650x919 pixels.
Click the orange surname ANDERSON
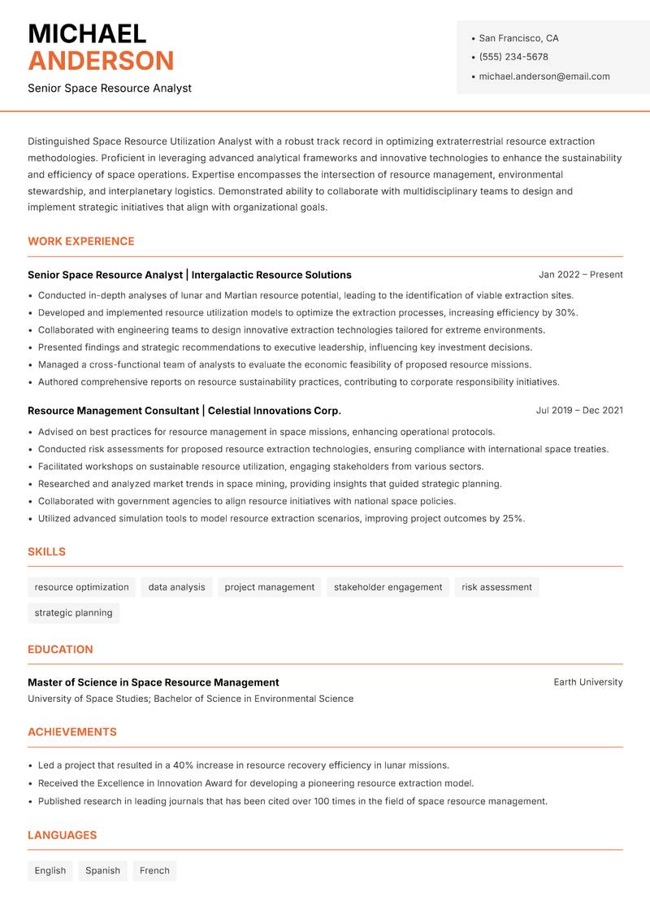[101, 61]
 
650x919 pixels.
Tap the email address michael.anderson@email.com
[544, 76]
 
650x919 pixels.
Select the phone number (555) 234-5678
[513, 57]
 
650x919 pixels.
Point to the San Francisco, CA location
[518, 38]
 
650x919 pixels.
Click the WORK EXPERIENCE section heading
[81, 242]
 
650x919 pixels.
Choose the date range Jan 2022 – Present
[580, 275]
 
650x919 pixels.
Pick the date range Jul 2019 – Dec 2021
[579, 411]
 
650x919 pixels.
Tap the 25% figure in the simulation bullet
[513, 519]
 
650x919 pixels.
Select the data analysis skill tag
[176, 587]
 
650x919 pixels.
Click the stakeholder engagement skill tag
[388, 587]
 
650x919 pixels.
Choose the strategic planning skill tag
[73, 613]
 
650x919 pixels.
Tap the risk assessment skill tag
[496, 587]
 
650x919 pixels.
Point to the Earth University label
[588, 682]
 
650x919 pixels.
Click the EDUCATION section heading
[60, 650]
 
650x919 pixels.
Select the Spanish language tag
[102, 871]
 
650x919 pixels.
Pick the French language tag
[154, 871]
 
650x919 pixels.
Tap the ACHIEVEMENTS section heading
[72, 732]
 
